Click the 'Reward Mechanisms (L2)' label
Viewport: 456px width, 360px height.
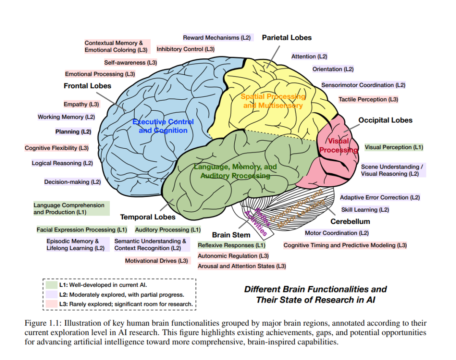(217, 38)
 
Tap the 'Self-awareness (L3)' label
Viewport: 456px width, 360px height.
(130, 63)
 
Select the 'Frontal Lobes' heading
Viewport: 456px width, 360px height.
(87, 86)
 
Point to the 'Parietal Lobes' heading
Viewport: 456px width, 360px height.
(287, 38)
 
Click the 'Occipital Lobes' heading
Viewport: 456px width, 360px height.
(385, 120)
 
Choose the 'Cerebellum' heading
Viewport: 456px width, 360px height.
(350, 221)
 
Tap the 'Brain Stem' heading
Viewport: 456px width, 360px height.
(231, 235)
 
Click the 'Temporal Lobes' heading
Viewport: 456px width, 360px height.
(148, 217)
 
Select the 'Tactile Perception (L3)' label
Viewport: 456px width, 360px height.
(368, 100)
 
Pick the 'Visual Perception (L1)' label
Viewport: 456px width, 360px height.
(394, 147)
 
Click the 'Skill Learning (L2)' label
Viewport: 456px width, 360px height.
(365, 210)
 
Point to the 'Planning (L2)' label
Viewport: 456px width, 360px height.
(73, 132)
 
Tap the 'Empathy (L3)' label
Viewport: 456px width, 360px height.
(81, 104)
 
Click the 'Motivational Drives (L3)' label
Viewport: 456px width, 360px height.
(157, 261)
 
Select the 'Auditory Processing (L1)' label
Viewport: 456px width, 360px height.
(168, 230)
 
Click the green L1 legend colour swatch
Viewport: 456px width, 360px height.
(51, 285)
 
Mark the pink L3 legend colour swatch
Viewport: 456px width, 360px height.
(51, 304)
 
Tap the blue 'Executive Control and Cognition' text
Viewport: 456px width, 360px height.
(163, 126)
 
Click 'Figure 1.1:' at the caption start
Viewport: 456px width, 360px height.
(43, 323)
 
